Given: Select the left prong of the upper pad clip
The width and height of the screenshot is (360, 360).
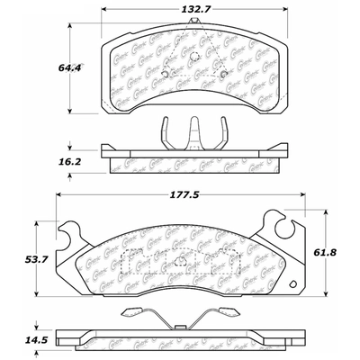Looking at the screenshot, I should click(x=166, y=134).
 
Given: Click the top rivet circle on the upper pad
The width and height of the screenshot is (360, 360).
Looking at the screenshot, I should click(x=193, y=58).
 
